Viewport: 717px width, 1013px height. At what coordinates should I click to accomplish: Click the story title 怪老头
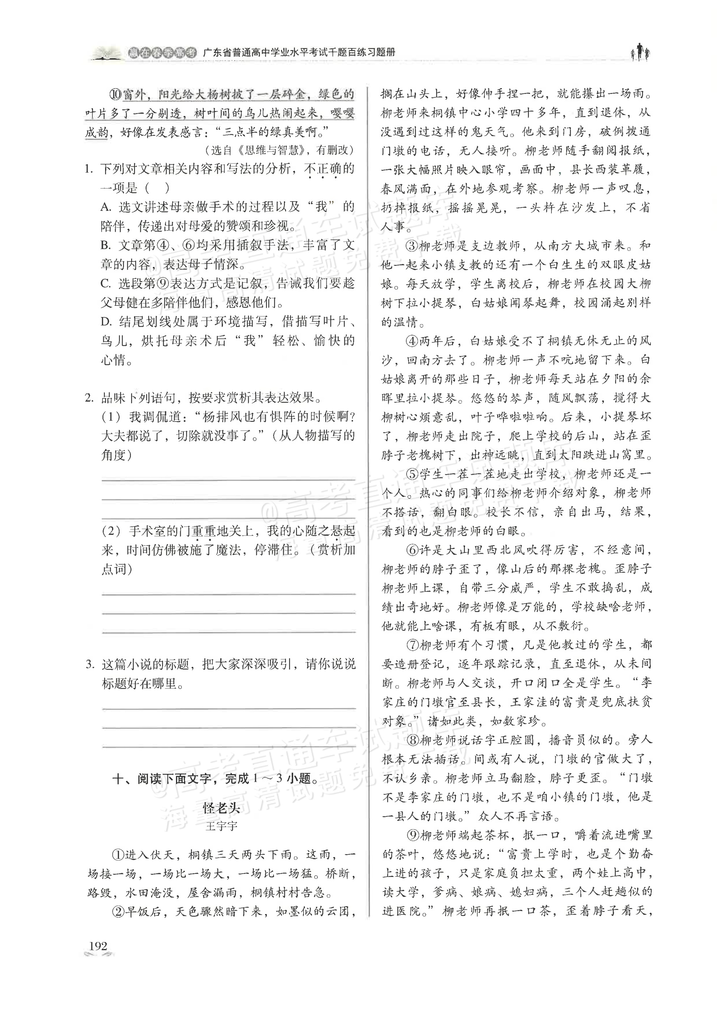(222, 808)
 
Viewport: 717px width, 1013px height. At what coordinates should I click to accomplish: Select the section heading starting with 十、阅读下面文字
(215, 779)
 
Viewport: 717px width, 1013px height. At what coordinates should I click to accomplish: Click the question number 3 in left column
(90, 664)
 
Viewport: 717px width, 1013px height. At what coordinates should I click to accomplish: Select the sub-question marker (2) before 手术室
(110, 531)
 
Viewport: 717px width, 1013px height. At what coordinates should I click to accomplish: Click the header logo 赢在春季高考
(162, 53)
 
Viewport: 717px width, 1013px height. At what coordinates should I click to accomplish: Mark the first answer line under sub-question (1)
(228, 479)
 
